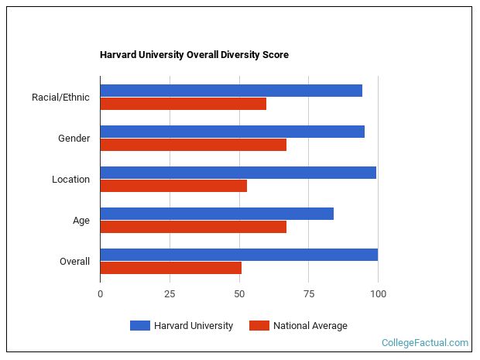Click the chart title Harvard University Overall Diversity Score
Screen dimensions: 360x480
(x=194, y=55)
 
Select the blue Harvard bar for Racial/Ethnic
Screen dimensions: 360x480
(x=231, y=91)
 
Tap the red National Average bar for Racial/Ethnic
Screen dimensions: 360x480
(x=183, y=104)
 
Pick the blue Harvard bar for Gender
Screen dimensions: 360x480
(x=232, y=132)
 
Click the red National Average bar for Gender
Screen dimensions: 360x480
(x=193, y=145)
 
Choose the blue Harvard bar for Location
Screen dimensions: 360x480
(x=238, y=173)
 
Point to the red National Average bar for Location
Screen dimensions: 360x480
(x=173, y=186)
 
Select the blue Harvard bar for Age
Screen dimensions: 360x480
(x=217, y=214)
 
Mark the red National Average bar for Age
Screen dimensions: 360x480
(x=193, y=227)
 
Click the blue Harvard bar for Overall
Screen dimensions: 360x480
(x=238, y=255)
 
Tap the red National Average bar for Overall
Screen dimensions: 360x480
(x=170, y=268)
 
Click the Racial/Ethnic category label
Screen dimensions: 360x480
(x=60, y=98)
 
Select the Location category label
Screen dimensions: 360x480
(x=70, y=180)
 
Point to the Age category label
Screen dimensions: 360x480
(x=81, y=221)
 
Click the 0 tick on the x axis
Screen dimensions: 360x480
(x=100, y=294)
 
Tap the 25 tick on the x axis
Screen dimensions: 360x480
(x=170, y=294)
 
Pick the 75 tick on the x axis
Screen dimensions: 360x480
(x=308, y=294)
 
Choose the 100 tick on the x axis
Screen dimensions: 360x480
(x=378, y=294)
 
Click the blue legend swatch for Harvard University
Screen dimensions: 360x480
(x=139, y=326)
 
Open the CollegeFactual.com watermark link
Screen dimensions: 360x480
(x=425, y=342)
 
